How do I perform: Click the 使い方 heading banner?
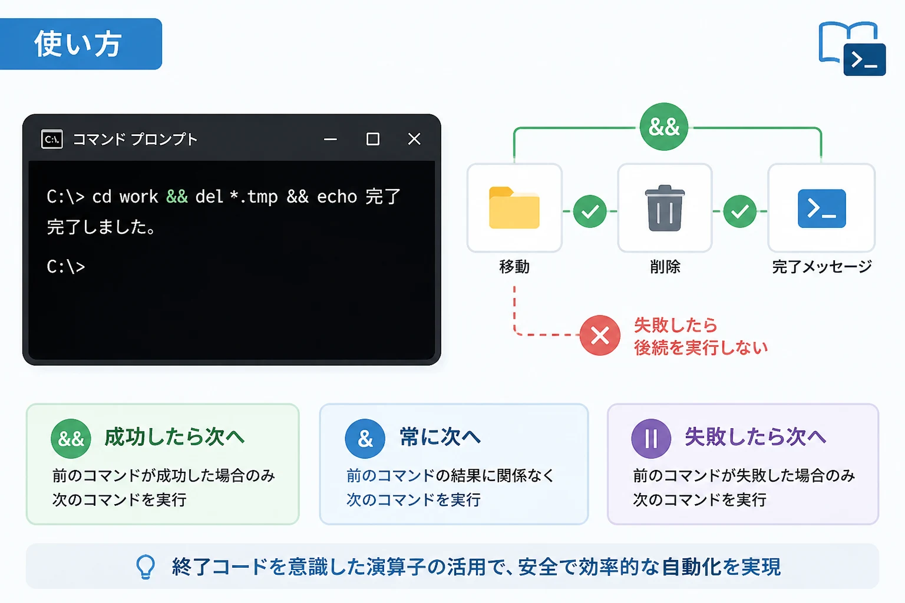pyautogui.click(x=81, y=44)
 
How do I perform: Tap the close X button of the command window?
pyautogui.click(x=414, y=139)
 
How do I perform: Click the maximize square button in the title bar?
pyautogui.click(x=372, y=139)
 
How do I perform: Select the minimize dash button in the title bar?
pyautogui.click(x=331, y=140)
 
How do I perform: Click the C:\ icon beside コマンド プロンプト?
pyautogui.click(x=52, y=140)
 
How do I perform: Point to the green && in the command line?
pyautogui.click(x=177, y=197)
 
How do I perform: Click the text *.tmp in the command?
pyautogui.click(x=253, y=197)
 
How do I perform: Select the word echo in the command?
pyautogui.click(x=337, y=197)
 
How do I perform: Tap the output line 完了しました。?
pyautogui.click(x=101, y=227)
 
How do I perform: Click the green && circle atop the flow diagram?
pyautogui.click(x=664, y=127)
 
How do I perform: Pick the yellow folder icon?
pyautogui.click(x=514, y=208)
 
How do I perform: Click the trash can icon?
pyautogui.click(x=665, y=208)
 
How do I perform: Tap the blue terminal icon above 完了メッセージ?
pyautogui.click(x=822, y=208)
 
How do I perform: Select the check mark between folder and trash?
pyautogui.click(x=590, y=211)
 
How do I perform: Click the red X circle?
pyautogui.click(x=600, y=335)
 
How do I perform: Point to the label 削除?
pyautogui.click(x=665, y=267)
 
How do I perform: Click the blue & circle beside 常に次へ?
pyautogui.click(x=365, y=438)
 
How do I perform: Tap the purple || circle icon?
pyautogui.click(x=651, y=438)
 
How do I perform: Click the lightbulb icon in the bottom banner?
pyautogui.click(x=146, y=566)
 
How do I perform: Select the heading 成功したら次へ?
pyautogui.click(x=174, y=437)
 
